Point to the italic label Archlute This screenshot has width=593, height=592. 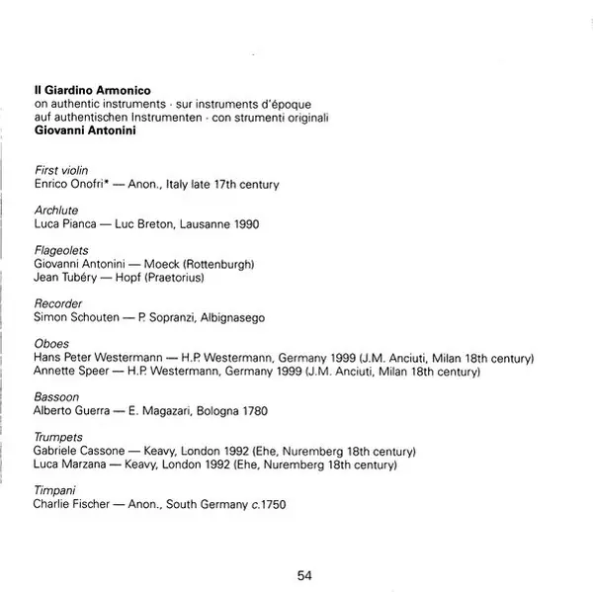pos(55,211)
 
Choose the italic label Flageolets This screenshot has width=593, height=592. pos(61,251)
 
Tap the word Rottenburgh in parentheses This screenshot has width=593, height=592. pos(221,265)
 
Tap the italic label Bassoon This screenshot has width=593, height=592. pos(56,397)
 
